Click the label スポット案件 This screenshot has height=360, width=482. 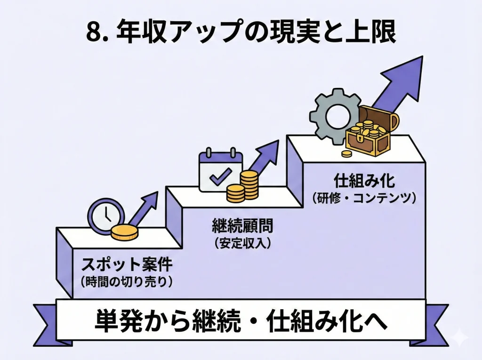pyautogui.click(x=126, y=265)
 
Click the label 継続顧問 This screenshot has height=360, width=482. pyautogui.click(x=242, y=227)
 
